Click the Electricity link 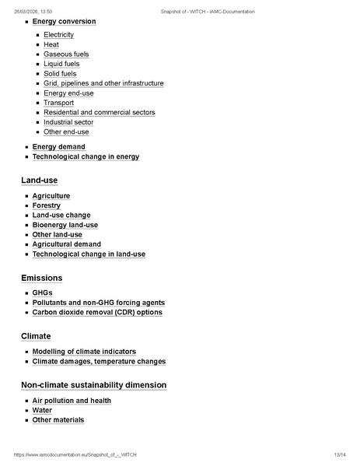coord(58,35)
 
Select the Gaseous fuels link coord(66,54)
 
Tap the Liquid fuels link coord(63,64)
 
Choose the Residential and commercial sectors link coord(99,113)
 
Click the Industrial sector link coord(68,122)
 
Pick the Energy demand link coord(58,147)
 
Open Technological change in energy coord(86,156)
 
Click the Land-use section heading coord(40,180)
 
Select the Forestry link coord(46,205)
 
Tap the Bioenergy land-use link coord(65,225)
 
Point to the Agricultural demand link coord(66,244)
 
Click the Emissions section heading coord(42,278)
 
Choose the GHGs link coord(42,293)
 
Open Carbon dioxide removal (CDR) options coord(97,313)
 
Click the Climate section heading coord(36,336)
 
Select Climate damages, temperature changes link coord(99,362)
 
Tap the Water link coord(42,410)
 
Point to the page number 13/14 coord(339,454)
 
